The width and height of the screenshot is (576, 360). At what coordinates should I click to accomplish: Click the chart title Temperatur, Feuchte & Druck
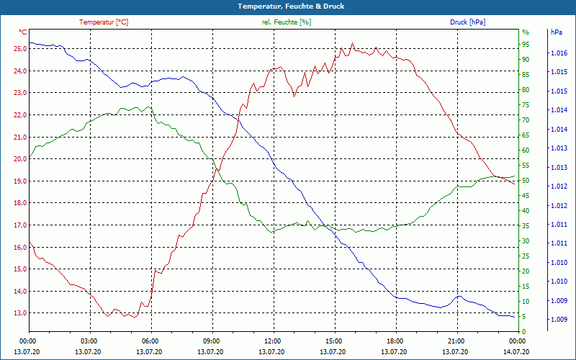coord(288,6)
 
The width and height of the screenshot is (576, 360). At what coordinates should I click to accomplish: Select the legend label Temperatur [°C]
coord(104,22)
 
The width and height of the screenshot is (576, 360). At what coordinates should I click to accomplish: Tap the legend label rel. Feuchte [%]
coord(287,22)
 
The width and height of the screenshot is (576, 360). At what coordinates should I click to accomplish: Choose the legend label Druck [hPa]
coord(467,22)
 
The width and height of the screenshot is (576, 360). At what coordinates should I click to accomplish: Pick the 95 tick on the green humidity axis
coord(526,44)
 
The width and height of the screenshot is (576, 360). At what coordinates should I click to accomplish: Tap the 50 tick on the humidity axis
coord(526,181)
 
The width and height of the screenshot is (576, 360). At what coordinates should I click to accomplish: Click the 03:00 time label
coord(89,341)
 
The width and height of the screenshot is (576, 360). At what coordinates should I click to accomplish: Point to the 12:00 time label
coord(272,341)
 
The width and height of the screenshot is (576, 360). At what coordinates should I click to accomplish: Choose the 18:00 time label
coord(395,341)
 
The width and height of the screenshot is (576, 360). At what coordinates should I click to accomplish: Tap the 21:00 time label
coord(456,341)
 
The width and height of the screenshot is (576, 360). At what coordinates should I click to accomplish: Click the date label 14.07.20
coord(517,351)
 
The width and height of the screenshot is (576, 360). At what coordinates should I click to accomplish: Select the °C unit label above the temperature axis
coord(23,32)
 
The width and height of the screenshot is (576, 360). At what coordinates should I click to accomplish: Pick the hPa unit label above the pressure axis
coord(556,32)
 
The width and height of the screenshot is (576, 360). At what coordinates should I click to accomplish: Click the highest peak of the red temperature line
coord(352,43)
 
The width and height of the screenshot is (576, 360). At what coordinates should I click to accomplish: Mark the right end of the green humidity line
coord(516,176)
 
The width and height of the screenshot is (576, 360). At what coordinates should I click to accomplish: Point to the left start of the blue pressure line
coord(30,42)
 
